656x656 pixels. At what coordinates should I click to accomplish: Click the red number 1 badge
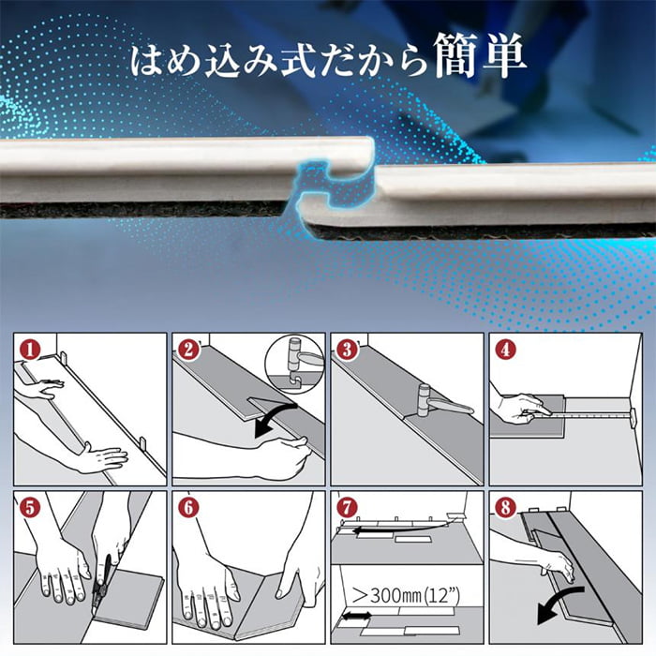(x=29, y=350)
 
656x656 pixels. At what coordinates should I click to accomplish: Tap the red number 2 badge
(x=188, y=350)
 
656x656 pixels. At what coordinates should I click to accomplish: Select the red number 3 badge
(x=348, y=350)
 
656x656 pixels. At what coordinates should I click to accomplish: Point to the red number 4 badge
(x=506, y=350)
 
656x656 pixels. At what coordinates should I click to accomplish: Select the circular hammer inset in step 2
(x=292, y=365)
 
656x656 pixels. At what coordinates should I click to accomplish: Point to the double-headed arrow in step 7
(x=354, y=619)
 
